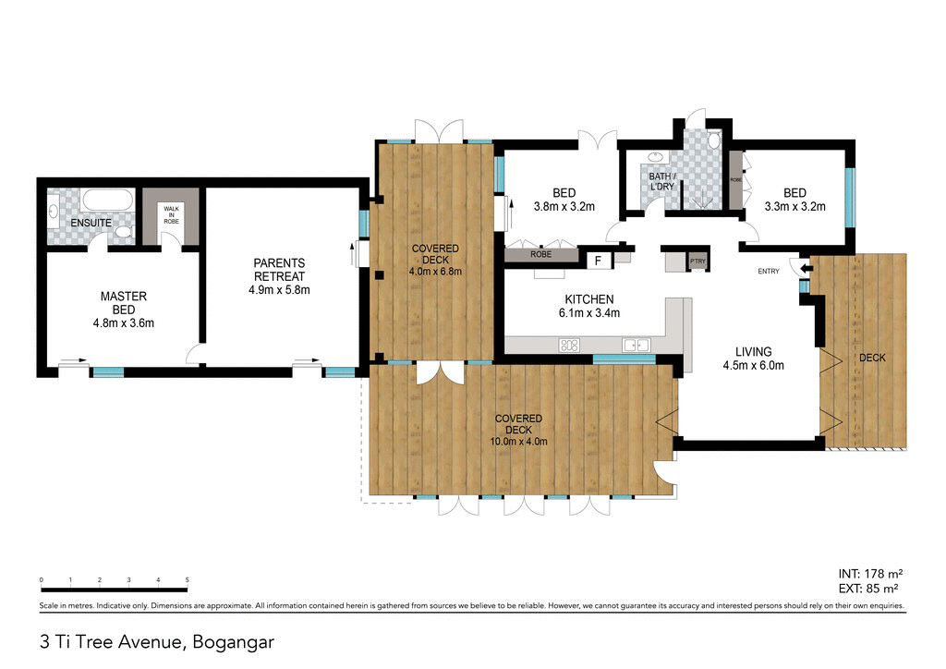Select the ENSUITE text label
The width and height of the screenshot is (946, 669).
point(91,223)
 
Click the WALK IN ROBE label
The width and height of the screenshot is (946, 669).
point(170,215)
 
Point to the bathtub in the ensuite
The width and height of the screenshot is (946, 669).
point(107,201)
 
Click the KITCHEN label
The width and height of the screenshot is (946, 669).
point(589,299)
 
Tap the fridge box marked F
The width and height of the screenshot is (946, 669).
point(599,261)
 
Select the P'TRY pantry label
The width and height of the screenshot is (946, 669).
point(697,262)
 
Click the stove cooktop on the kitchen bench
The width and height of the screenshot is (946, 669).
point(568,346)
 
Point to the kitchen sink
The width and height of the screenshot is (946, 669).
point(634,346)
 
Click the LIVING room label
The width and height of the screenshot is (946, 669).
point(753,351)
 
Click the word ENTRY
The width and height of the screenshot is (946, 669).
point(768,271)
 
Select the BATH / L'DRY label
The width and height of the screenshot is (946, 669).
point(661,181)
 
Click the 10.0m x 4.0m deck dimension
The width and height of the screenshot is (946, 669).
point(518,442)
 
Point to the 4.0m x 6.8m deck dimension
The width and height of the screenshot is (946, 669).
point(435,272)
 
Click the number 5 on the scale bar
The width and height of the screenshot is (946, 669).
point(188,579)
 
